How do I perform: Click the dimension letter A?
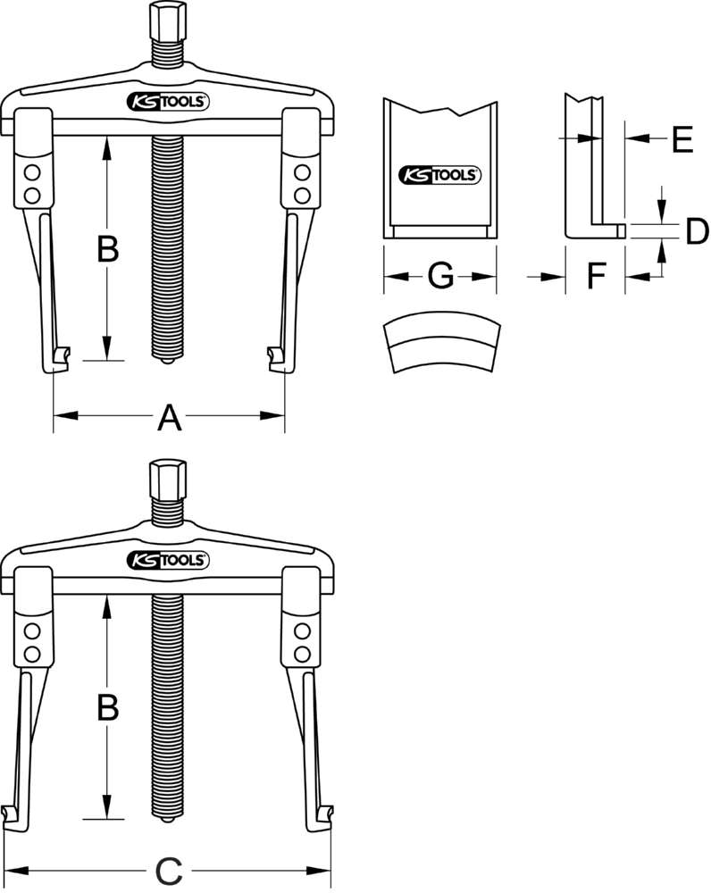[169, 416]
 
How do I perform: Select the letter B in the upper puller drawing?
[107, 250]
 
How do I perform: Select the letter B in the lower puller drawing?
[107, 708]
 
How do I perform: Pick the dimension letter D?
[693, 231]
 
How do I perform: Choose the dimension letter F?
[596, 278]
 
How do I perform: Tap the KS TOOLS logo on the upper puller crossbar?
[169, 102]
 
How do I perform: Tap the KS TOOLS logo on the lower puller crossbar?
[169, 560]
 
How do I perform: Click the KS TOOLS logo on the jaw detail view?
[439, 175]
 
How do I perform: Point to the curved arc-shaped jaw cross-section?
[439, 344]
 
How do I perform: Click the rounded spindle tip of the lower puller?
[168, 819]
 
